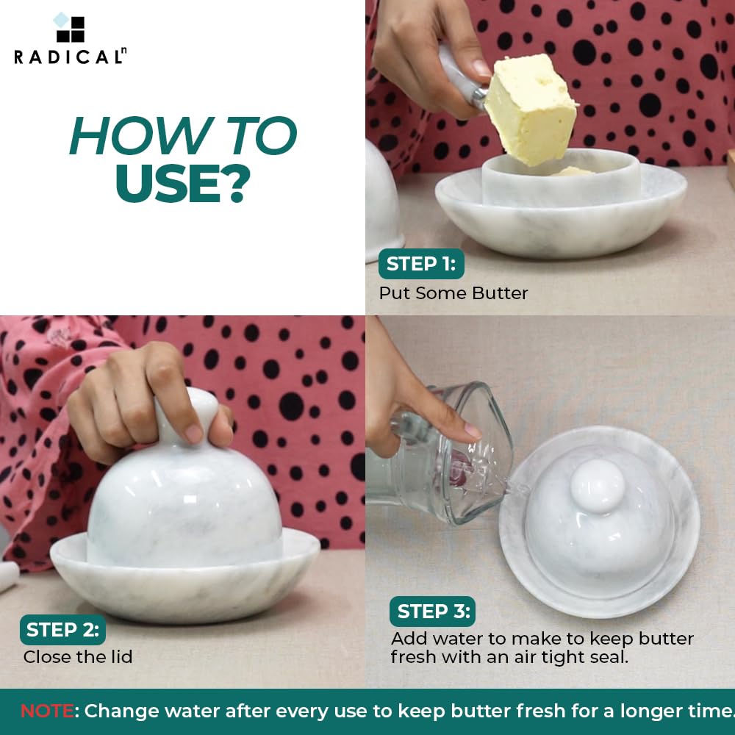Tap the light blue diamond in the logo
point(62,20)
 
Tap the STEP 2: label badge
point(62,630)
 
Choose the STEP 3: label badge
point(432,612)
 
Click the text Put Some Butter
point(453,293)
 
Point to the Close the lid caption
point(78,656)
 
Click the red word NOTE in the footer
point(47,711)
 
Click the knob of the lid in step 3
point(597,487)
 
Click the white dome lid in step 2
point(184,507)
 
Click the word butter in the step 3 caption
point(667,639)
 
